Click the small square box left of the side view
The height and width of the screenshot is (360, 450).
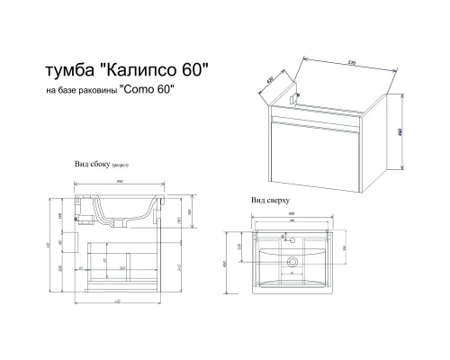point(71,240)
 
